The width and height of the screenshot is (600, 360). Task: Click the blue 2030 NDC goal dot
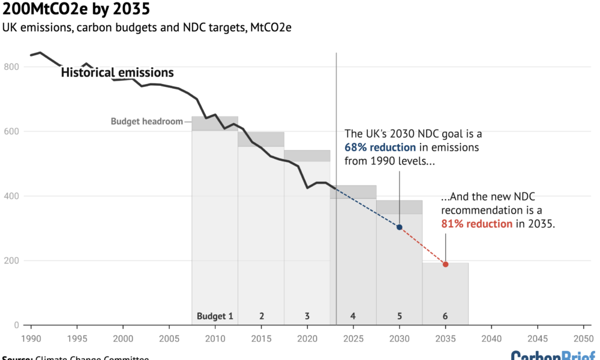pyautogui.click(x=399, y=227)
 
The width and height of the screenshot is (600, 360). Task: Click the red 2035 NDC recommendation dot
pyautogui.click(x=445, y=265)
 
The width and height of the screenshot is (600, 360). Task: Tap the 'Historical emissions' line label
pyautogui.click(x=118, y=73)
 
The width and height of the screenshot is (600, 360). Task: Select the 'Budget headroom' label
pyautogui.click(x=146, y=121)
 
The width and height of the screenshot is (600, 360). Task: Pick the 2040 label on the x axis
pyautogui.click(x=491, y=338)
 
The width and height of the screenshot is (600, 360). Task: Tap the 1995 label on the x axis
pyautogui.click(x=77, y=338)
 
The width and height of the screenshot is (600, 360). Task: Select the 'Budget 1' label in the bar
pyautogui.click(x=214, y=316)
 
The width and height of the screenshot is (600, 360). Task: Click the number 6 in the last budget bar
pyautogui.click(x=445, y=316)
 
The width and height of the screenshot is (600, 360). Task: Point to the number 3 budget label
pyautogui.click(x=307, y=316)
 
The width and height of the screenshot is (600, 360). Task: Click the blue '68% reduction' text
pyautogui.click(x=380, y=148)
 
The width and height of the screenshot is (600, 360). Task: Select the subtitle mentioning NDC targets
pyautogui.click(x=147, y=28)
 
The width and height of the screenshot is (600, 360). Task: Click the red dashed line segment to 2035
pyautogui.click(x=422, y=246)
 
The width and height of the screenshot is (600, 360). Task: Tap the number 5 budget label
pyautogui.click(x=399, y=316)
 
